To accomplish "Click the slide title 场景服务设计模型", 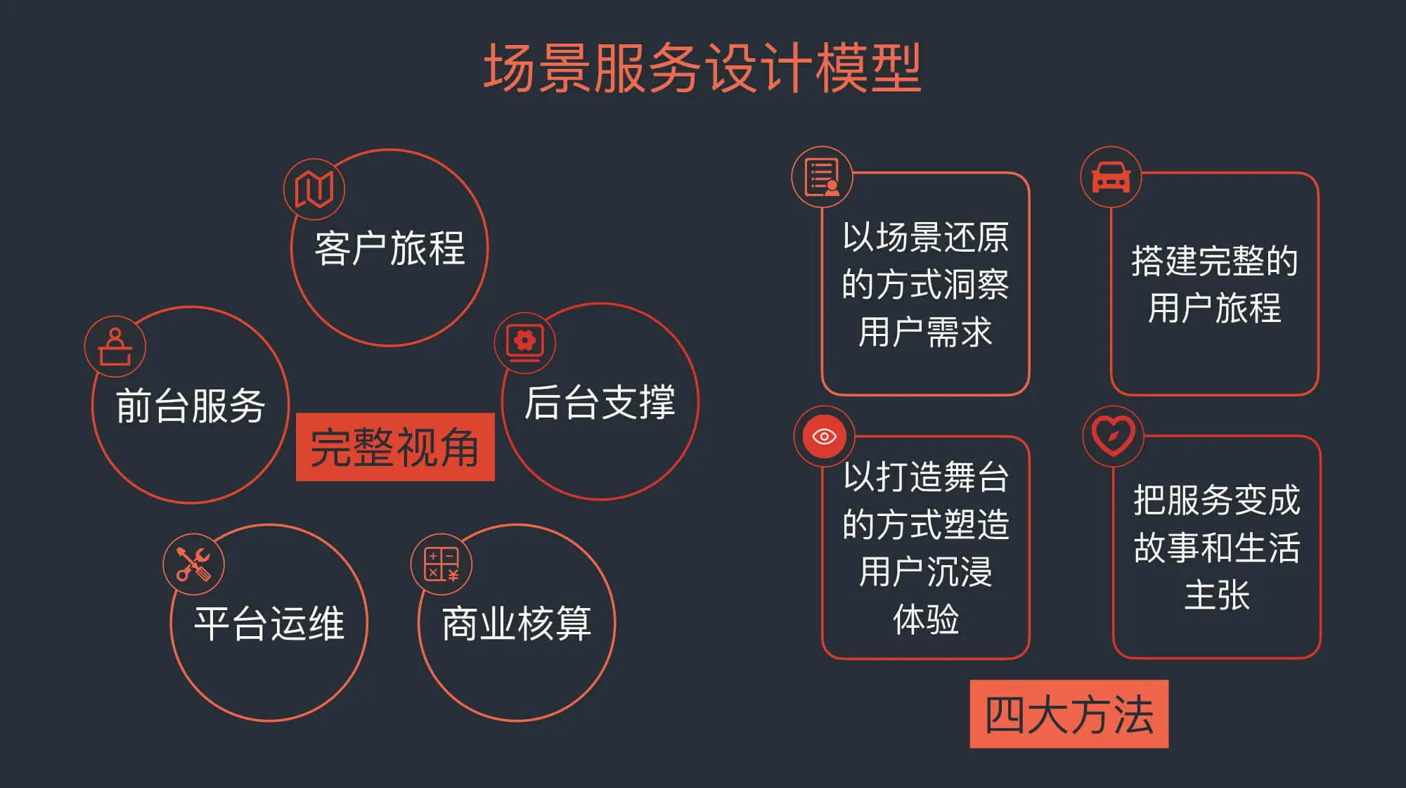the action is click(x=702, y=68).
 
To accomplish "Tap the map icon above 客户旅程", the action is click(x=314, y=188).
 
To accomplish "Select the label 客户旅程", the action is click(x=389, y=248).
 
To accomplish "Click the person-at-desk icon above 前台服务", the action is click(x=115, y=347).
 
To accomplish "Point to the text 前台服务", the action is click(x=191, y=406).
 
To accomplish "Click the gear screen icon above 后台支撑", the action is click(x=525, y=342).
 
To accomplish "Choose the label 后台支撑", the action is click(x=600, y=403).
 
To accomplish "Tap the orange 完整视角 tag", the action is click(x=395, y=447).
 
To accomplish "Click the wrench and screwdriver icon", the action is click(x=193, y=564).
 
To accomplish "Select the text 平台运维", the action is click(x=269, y=624).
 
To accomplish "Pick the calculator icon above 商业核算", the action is click(x=441, y=564).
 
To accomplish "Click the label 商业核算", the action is click(x=517, y=624).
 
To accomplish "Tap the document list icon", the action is click(x=822, y=176).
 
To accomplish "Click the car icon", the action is click(x=1111, y=176).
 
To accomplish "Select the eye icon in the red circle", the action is click(x=824, y=437).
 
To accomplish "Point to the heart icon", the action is click(x=1114, y=436).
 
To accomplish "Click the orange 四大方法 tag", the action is click(x=1069, y=714).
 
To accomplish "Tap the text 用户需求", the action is click(x=925, y=332).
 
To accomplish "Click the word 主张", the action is click(x=1217, y=595).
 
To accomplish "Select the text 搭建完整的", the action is click(x=1215, y=261).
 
